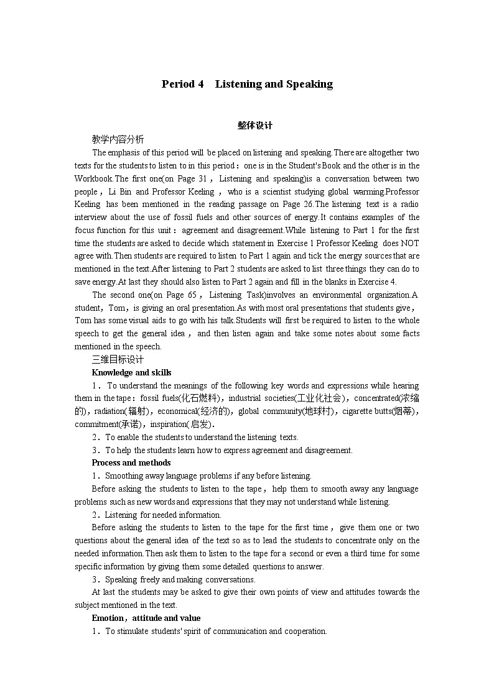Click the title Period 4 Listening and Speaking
[247, 84]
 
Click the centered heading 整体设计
[255, 125]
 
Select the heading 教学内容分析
[118, 139]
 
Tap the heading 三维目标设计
[118, 359]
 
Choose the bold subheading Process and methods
[131, 462]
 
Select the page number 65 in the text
[192, 295]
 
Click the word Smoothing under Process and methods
[123, 475]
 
